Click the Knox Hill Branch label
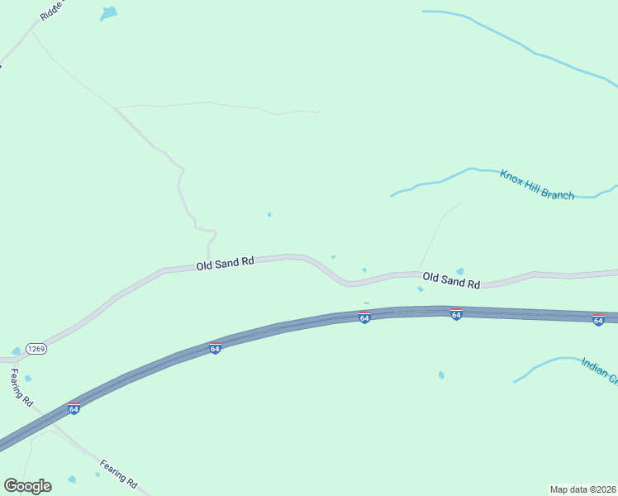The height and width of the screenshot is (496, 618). (536, 184)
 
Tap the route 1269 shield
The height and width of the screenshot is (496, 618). (36, 349)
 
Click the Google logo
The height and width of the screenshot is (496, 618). (27, 486)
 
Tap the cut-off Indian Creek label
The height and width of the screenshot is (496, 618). (599, 370)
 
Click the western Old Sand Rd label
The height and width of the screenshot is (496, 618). (225, 264)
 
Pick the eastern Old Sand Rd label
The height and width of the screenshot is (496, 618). (450, 281)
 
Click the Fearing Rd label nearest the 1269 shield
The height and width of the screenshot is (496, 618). (21, 387)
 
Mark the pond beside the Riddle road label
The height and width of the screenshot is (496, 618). (108, 13)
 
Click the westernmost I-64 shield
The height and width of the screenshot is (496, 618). (74, 408)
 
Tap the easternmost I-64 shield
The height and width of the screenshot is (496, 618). (598, 319)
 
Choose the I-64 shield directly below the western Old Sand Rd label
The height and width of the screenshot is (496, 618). (215, 348)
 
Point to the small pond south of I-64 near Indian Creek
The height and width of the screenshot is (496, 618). (441, 375)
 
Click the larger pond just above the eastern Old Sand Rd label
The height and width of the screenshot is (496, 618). (459, 271)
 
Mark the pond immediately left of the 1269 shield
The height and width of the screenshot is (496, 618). (16, 351)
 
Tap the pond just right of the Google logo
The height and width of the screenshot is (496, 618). (72, 479)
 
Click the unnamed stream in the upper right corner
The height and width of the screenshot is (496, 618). (529, 50)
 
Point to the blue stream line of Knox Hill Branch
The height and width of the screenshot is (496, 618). (446, 177)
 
